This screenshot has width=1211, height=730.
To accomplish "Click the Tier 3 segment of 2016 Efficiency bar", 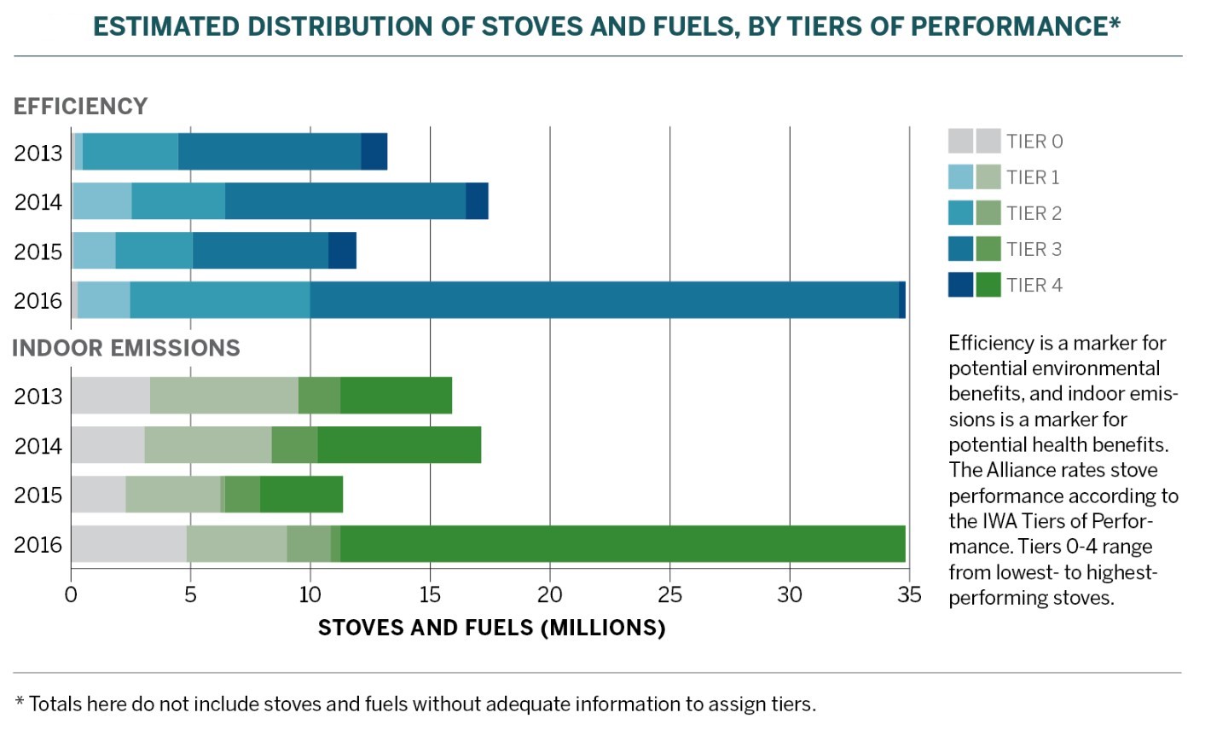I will click(x=604, y=300).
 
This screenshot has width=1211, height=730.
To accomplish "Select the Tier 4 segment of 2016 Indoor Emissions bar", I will click(x=623, y=544).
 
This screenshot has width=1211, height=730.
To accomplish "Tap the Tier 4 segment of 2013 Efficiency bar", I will click(x=374, y=152).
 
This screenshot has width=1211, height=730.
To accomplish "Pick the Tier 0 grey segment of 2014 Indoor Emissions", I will click(x=107, y=445).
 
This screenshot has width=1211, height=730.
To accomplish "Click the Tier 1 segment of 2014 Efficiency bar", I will click(x=102, y=201).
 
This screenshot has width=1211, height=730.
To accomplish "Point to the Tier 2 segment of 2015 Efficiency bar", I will click(x=154, y=251).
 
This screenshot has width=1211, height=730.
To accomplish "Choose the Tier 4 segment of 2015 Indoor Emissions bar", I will click(x=301, y=495).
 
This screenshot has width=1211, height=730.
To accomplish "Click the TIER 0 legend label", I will click(x=1034, y=142).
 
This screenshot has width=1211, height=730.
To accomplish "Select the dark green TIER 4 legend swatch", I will click(x=988, y=285).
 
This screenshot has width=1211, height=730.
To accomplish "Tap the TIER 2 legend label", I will click(x=1034, y=213).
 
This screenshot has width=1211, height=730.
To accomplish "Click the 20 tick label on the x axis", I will click(x=550, y=594).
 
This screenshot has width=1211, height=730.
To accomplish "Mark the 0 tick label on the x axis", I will click(x=72, y=594).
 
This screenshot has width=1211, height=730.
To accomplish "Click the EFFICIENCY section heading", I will click(x=81, y=107).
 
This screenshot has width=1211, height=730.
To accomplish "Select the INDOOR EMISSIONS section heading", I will click(x=126, y=348).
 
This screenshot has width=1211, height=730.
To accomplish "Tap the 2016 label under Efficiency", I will click(x=38, y=301).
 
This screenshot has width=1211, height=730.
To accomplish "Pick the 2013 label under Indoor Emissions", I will click(x=38, y=397).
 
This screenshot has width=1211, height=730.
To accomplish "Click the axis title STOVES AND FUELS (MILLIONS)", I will click(x=491, y=629).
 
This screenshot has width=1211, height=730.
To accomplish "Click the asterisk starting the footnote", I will click(x=19, y=701).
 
